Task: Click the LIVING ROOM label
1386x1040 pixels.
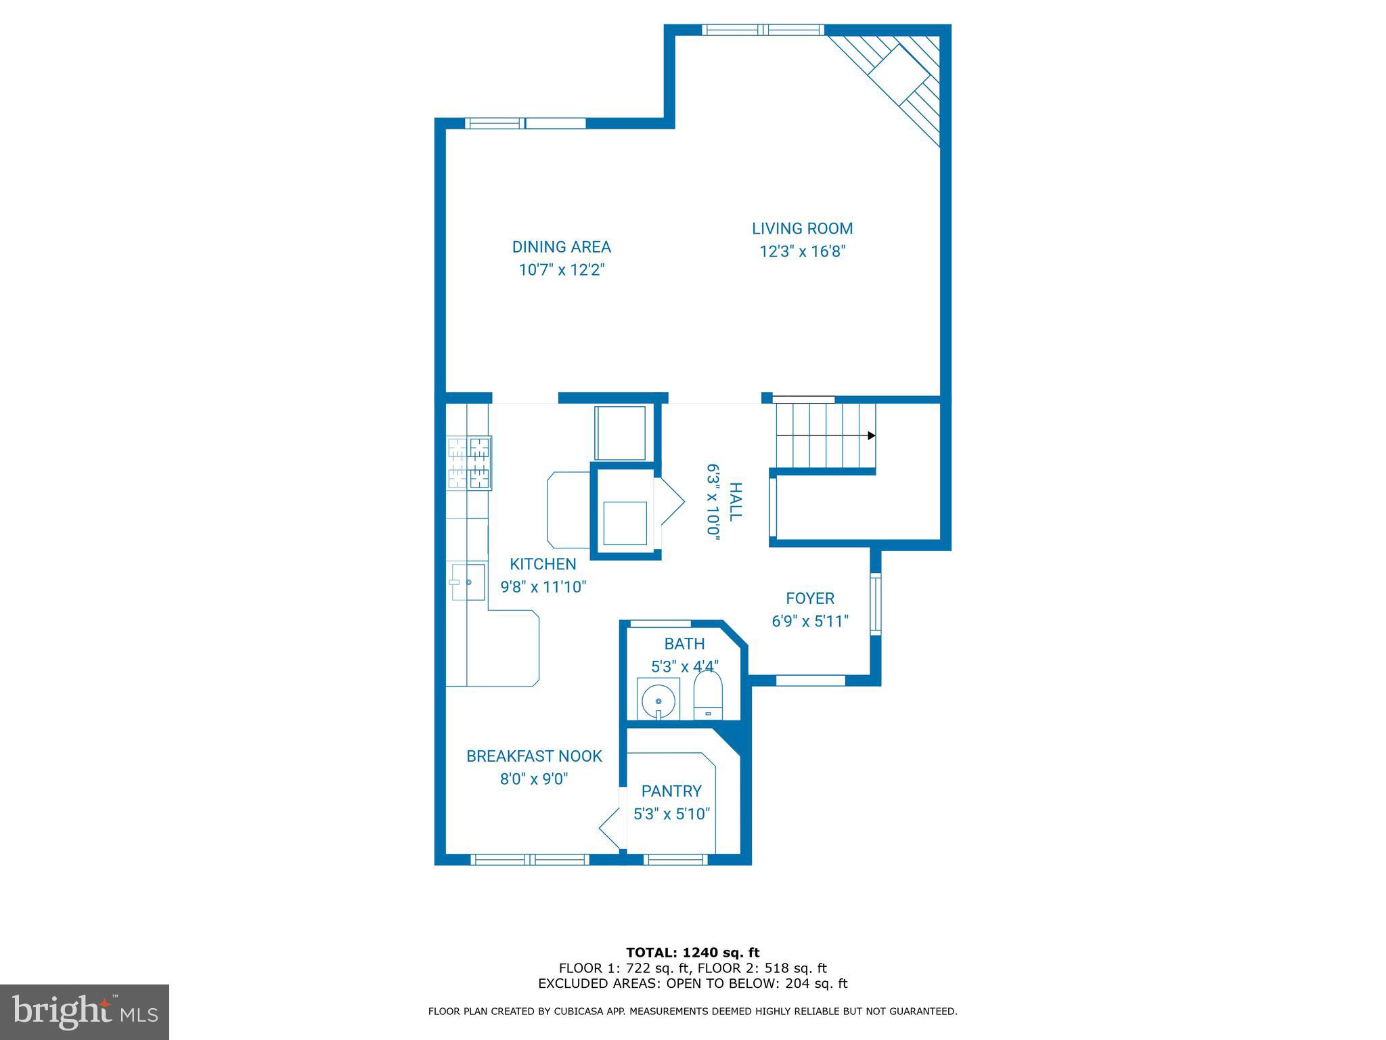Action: tap(802, 229)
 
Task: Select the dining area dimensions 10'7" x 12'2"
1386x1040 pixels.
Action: tap(561, 270)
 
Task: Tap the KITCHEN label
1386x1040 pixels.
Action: tap(543, 564)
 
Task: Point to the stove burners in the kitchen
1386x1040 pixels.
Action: tap(469, 462)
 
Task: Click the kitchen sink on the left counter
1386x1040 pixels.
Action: tap(468, 582)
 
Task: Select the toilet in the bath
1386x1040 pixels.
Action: tap(708, 696)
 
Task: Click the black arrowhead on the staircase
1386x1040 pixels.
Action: tap(872, 436)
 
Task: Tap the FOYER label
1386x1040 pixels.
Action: tap(809, 599)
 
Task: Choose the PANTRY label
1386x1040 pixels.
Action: tap(671, 791)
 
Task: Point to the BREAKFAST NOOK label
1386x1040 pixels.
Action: tap(534, 756)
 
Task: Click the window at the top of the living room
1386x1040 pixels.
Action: tap(763, 30)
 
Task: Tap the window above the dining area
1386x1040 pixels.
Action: tap(525, 123)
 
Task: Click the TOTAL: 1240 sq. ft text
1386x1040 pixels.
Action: tap(692, 953)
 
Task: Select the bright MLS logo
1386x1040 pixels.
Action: tap(84, 1012)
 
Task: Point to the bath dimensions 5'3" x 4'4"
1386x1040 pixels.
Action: tap(684, 667)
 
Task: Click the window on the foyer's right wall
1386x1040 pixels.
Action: tap(875, 604)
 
